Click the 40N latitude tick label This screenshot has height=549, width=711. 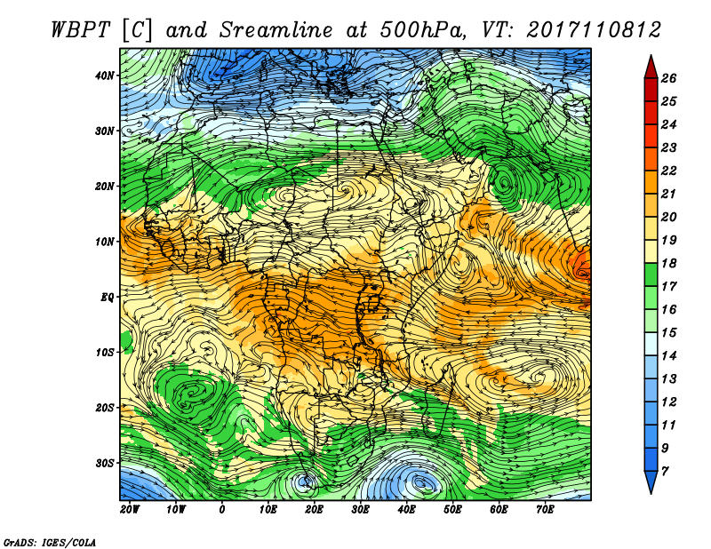click(105, 76)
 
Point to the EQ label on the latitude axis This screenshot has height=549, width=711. click(108, 298)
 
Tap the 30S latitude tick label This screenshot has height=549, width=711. click(105, 464)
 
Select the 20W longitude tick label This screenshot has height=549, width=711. click(130, 510)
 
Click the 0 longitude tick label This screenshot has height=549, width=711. click(221, 510)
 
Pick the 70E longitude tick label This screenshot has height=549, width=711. click(545, 510)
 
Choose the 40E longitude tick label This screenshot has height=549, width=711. click(406, 510)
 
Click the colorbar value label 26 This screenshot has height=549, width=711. click(668, 78)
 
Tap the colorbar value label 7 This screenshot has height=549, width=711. click(665, 472)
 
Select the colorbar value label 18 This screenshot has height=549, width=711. click(668, 263)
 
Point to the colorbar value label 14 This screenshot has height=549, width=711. click(668, 356)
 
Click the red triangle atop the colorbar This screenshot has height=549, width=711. click(651, 68)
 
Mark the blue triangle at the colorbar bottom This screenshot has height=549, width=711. click(651, 481)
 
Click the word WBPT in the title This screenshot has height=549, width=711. click(80, 30)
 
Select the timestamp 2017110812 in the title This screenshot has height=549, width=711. click(594, 30)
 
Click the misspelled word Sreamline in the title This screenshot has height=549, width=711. click(276, 30)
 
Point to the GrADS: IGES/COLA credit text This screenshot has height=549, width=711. click(50, 542)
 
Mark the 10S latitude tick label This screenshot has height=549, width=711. click(105, 353)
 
